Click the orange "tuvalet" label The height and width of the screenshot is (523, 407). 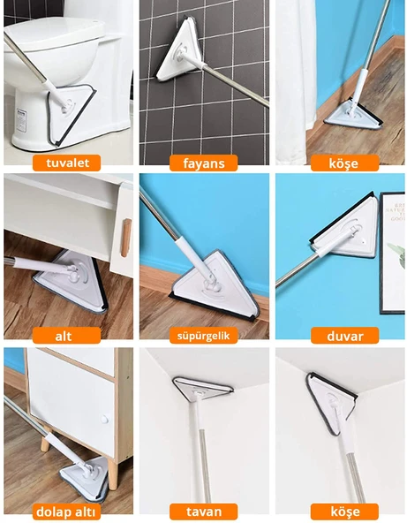tap(67, 163)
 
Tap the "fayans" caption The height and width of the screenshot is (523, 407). tap(204, 163)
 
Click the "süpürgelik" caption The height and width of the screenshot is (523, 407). tap(204, 336)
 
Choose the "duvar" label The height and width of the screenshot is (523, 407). tap(344, 336)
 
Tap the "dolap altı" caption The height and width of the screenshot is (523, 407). tap(67, 511)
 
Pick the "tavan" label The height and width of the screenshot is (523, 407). tap(204, 511)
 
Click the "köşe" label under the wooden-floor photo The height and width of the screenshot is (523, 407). tap(344, 163)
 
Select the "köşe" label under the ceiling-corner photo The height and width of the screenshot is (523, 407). tap(344, 511)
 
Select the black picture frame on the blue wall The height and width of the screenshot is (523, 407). tap(392, 252)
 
